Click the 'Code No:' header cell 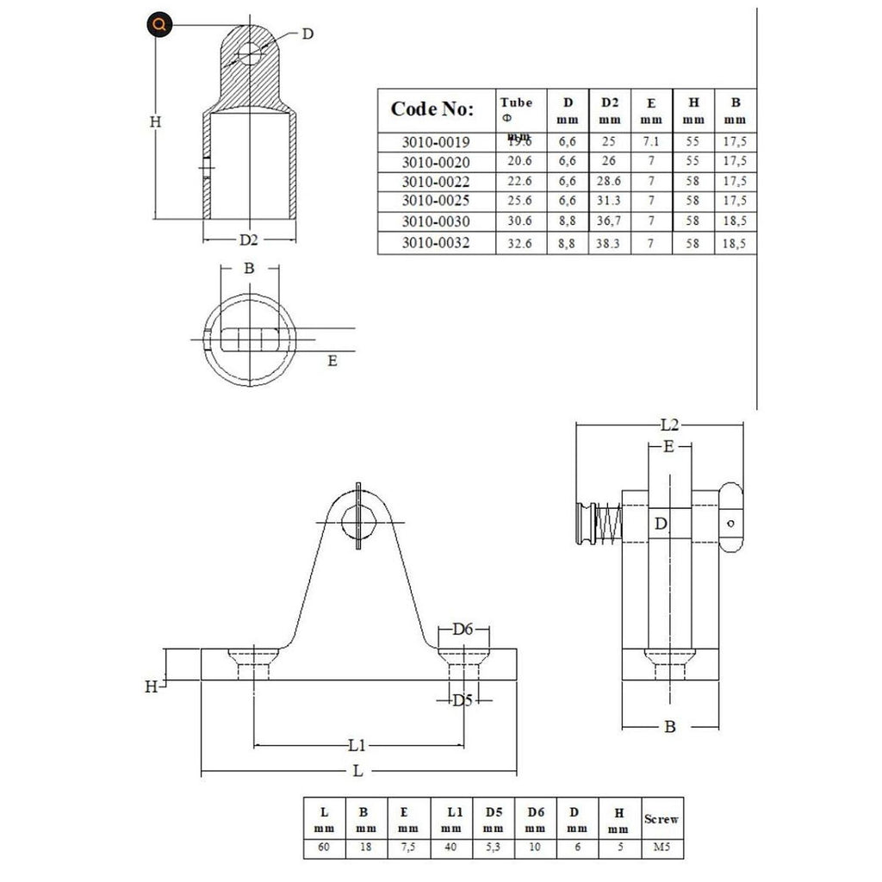[x=432, y=109]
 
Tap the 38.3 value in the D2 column [x=610, y=244]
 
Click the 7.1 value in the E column [x=652, y=140]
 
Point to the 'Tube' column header [x=517, y=102]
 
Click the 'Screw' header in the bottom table [x=661, y=819]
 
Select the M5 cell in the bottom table [x=661, y=848]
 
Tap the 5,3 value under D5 [x=493, y=848]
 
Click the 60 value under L [x=324, y=848]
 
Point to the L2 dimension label [x=670, y=425]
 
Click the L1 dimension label [x=357, y=744]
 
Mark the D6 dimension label [x=464, y=630]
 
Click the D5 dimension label [x=464, y=700]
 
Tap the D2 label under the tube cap [x=249, y=239]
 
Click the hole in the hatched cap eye [x=250, y=53]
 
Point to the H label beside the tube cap [x=155, y=122]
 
